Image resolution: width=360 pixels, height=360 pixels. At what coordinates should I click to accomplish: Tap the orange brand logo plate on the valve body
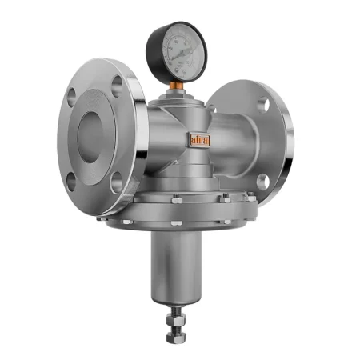pyautogui.click(x=198, y=140)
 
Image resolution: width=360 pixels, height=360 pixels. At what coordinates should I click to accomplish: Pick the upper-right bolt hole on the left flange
pyautogui.click(x=118, y=86)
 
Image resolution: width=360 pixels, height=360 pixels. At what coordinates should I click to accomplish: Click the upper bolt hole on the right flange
pyautogui.click(x=262, y=103)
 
